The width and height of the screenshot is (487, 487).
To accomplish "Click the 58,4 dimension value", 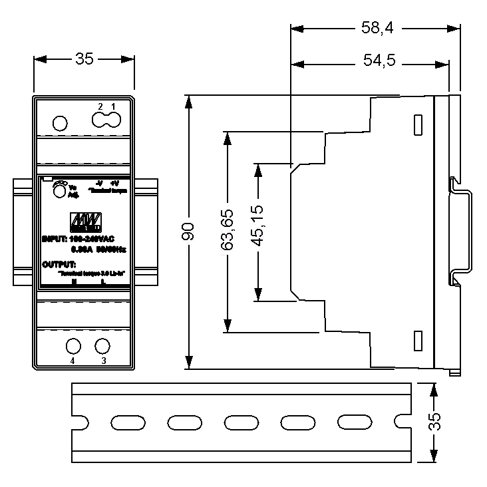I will pyautogui.click(x=377, y=28).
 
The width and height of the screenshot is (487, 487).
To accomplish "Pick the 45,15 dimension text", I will pyautogui.click(x=257, y=230).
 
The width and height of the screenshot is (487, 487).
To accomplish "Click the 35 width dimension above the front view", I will pyautogui.click(x=84, y=59).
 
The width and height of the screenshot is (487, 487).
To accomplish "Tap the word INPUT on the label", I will pyautogui.click(x=53, y=238).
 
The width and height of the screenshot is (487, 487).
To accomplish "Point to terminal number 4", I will pyautogui.click(x=73, y=361).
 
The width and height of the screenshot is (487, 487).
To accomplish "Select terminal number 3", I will pyautogui.click(x=103, y=361).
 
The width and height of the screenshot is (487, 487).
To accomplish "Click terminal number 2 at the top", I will pyautogui.click(x=100, y=106).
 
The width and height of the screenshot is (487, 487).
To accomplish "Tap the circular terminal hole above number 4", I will pyautogui.click(x=73, y=346).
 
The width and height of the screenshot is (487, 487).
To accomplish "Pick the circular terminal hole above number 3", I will pyautogui.click(x=102, y=346).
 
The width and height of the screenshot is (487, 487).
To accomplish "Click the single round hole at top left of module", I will pyautogui.click(x=59, y=123).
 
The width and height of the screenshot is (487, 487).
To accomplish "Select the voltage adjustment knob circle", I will pyautogui.click(x=59, y=191).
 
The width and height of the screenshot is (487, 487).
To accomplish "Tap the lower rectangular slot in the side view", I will pyautogui.click(x=418, y=340).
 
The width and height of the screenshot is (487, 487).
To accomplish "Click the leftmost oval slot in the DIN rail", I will pyautogui.click(x=124, y=422).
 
